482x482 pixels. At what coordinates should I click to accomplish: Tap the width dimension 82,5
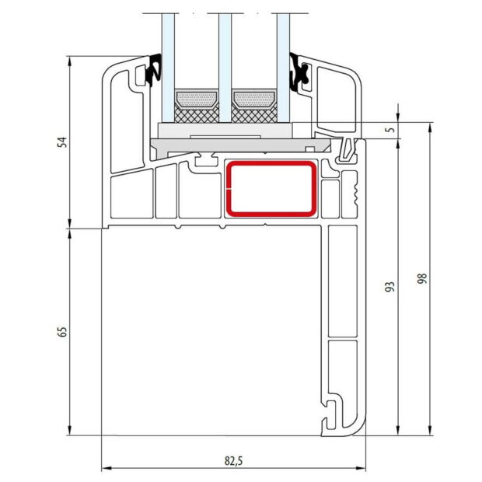234,460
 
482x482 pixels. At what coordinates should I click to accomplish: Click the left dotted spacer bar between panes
197,100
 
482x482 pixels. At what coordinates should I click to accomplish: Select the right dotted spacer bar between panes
253,100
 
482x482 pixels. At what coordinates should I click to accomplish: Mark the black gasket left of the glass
152,70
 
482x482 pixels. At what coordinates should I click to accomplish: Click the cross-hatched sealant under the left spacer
197,115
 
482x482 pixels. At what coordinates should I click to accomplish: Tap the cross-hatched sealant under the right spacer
253,115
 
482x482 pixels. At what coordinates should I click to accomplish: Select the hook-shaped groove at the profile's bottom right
334,412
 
